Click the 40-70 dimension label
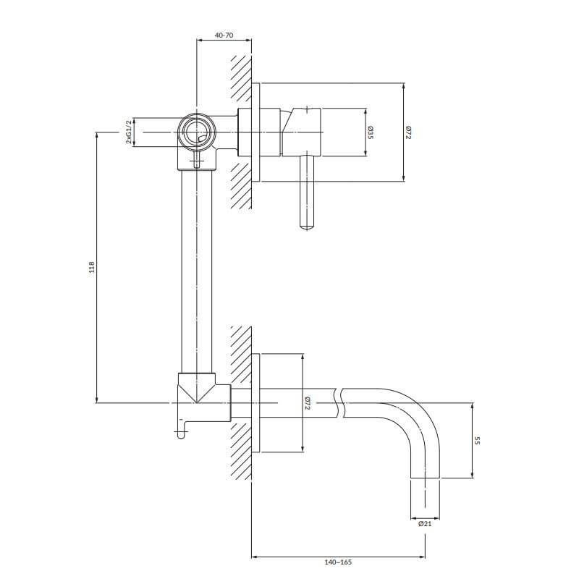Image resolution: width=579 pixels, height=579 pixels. (x=224, y=35)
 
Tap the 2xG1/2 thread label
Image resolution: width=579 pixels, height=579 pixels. (x=129, y=132)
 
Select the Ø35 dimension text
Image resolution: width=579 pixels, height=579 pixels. (x=371, y=132)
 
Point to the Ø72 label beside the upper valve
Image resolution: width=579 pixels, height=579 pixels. (x=408, y=132)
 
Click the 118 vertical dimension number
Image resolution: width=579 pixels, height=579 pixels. (x=92, y=267)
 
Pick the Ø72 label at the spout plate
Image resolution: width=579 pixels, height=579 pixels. (x=307, y=403)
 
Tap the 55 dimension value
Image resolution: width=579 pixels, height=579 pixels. (x=477, y=441)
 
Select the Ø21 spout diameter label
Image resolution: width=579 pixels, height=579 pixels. (x=425, y=523)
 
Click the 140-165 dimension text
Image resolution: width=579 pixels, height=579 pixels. (x=338, y=562)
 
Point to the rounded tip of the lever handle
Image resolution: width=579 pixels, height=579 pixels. (x=308, y=228)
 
